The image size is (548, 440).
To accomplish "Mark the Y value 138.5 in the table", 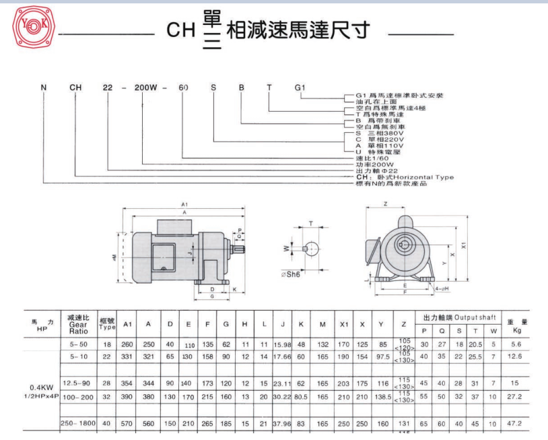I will (384, 399).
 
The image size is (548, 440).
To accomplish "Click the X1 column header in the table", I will (343, 324).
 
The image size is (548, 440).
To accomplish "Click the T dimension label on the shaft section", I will (310, 223).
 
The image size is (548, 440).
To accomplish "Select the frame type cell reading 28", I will (106, 382).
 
